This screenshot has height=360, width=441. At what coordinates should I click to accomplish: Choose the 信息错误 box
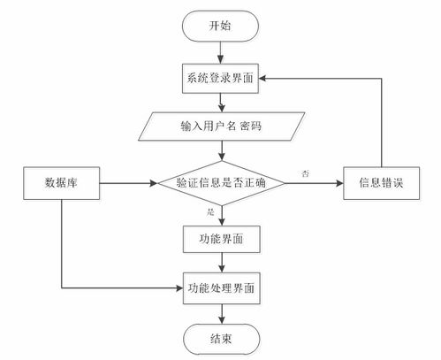(380, 184)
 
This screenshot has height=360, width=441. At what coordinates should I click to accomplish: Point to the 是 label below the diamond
(210, 213)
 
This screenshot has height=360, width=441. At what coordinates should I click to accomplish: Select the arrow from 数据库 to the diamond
(128, 184)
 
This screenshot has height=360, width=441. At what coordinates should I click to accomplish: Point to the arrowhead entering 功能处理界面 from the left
(177, 287)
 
